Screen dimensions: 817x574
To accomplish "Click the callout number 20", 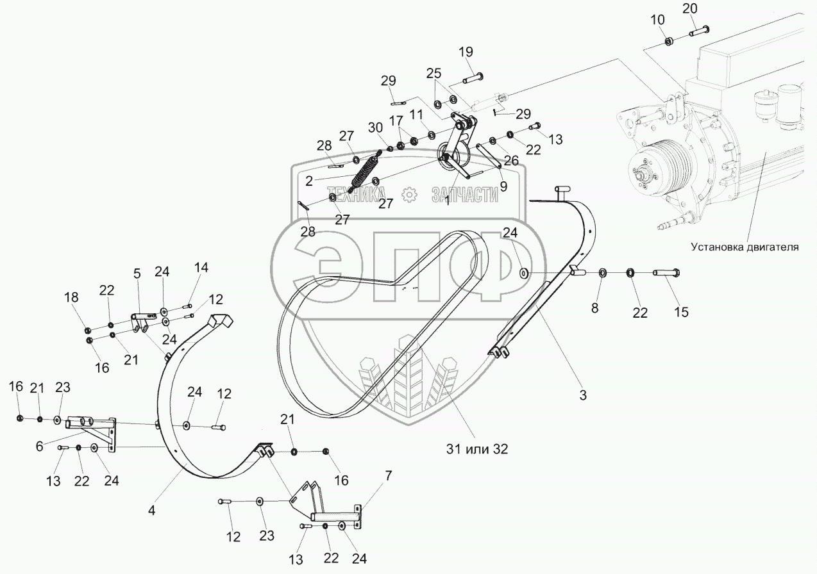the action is click(690, 9).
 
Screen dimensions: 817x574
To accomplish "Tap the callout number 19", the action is click(466, 52).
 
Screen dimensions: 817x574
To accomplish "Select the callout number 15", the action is click(681, 312).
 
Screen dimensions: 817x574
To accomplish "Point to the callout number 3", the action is click(583, 395).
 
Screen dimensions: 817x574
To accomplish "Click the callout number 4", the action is click(151, 510).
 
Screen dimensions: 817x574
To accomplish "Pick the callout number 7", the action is click(388, 475).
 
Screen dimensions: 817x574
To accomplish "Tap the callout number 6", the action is click(39, 446).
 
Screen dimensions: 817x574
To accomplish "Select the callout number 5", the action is click(137, 274).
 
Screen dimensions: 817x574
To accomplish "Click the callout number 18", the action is click(71, 297).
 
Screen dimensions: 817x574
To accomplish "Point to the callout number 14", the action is click(201, 268).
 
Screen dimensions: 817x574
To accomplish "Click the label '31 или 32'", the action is click(477, 449).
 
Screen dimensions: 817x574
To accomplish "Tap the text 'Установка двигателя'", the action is click(745, 247).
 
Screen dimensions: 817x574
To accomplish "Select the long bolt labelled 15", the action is click(666, 272).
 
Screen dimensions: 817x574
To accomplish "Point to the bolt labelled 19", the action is click(473, 78).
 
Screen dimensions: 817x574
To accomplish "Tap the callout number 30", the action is click(375, 127).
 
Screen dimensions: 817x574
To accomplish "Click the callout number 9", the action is click(503, 186).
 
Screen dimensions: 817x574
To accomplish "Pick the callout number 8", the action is click(594, 308).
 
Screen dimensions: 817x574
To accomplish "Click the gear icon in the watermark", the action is click(409, 194).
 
